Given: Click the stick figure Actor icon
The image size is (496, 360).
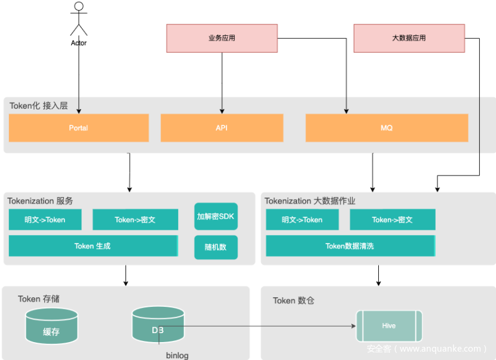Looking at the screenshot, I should click(x=78, y=19).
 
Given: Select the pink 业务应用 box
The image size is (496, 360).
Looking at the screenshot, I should click(x=222, y=38).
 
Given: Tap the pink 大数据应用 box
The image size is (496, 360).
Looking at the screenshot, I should click(x=409, y=38).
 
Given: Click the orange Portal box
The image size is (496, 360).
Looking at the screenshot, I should click(x=78, y=128).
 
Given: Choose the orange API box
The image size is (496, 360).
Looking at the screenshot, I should click(x=222, y=128).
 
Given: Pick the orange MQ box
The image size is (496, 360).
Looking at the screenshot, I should click(x=387, y=128).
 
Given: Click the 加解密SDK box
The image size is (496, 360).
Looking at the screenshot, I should click(x=216, y=216).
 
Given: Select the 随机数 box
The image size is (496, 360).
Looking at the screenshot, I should click(x=216, y=247).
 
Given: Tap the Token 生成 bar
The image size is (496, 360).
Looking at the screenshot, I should click(x=93, y=246).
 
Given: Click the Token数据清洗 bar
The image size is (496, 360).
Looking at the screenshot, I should click(x=350, y=246).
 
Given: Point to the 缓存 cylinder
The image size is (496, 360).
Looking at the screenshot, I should click(x=51, y=327).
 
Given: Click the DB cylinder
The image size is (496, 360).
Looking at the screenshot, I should click(x=158, y=325).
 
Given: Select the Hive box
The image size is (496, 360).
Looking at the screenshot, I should click(x=389, y=326).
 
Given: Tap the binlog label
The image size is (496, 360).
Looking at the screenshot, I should click(x=177, y=355).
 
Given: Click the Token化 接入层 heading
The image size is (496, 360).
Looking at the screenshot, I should click(x=39, y=106).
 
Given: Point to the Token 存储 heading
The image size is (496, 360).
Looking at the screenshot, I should click(x=38, y=299).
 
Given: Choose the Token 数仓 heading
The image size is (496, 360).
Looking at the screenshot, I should click(x=293, y=300).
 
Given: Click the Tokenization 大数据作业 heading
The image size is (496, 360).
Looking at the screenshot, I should click(x=319, y=201).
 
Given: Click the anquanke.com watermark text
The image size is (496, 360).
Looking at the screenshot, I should click(x=427, y=349).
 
